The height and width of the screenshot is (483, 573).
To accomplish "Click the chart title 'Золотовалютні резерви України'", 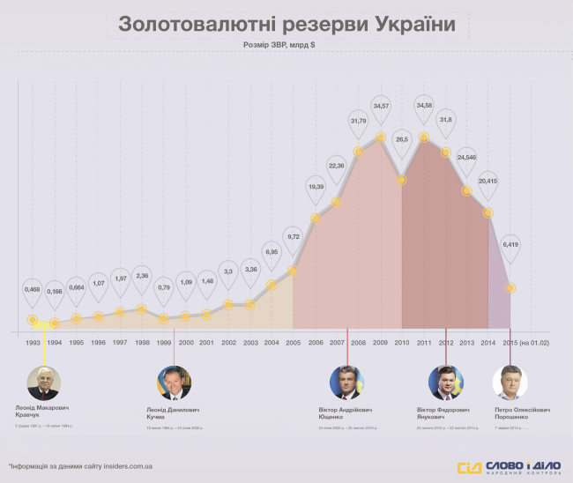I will point(286,24).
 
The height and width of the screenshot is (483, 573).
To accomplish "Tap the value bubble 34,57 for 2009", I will point(380,106).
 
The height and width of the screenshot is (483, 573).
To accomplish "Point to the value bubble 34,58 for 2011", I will point(424,106).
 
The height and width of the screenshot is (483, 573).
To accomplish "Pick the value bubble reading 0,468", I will point(32,288).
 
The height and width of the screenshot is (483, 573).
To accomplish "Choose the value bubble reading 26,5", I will point(402,138).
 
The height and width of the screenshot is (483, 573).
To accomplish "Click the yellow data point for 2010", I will point(402,180).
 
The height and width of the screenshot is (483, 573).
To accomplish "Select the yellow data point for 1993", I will point(33,320).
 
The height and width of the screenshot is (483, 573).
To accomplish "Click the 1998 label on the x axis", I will point(142,343).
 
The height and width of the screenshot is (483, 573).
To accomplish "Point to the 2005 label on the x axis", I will point(294,343).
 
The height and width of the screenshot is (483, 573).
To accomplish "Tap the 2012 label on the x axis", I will point(446,343).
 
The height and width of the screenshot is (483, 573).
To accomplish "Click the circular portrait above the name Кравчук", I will point(43,384).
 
